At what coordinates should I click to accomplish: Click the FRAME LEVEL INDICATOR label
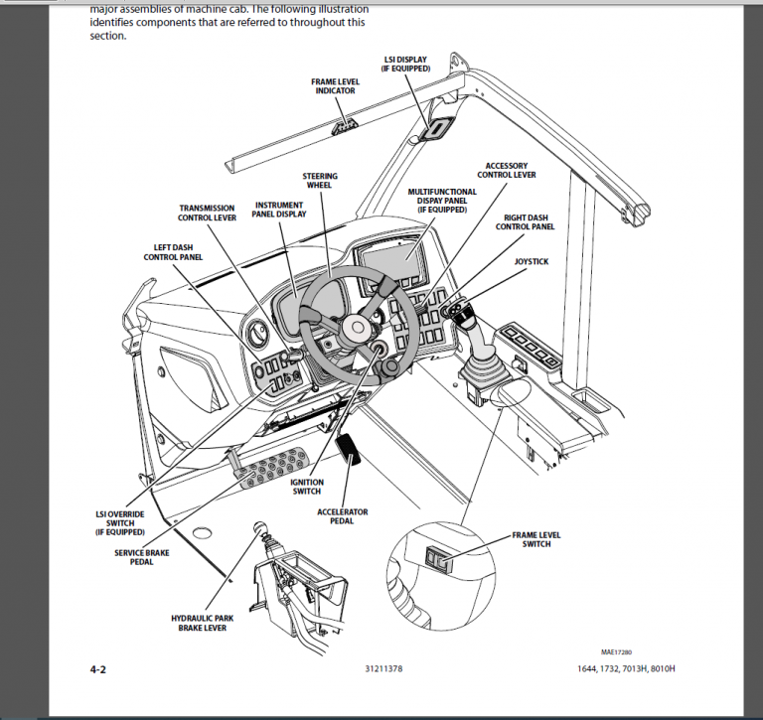(x=335, y=85)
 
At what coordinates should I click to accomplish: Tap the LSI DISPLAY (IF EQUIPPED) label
(x=405, y=64)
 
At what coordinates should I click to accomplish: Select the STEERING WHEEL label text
(x=320, y=181)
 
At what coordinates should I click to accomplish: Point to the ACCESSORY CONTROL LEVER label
(x=506, y=170)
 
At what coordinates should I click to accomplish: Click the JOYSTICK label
(x=532, y=261)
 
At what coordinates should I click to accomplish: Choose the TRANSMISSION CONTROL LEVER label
(x=207, y=214)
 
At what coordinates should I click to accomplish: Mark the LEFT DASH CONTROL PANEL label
(x=173, y=251)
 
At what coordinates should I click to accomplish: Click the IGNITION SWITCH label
(x=306, y=486)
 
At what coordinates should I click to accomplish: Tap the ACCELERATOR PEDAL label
(x=342, y=516)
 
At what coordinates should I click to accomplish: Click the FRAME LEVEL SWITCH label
(x=536, y=539)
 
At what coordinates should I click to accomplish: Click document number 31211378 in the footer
(x=383, y=670)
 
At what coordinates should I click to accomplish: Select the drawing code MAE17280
(x=615, y=652)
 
